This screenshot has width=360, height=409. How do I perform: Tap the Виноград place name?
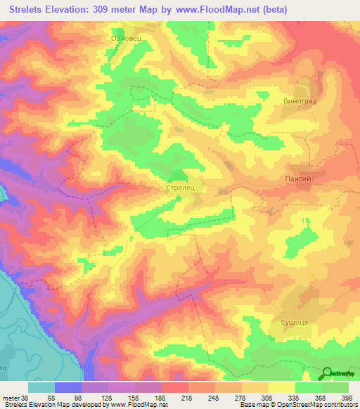(x=301, y=100)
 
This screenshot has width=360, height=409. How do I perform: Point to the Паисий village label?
(x=297, y=179)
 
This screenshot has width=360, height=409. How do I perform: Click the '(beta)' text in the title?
(x=304, y=10)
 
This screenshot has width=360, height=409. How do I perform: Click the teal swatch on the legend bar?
(x=41, y=387)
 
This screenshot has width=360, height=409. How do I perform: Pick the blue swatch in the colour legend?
(x=68, y=387)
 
